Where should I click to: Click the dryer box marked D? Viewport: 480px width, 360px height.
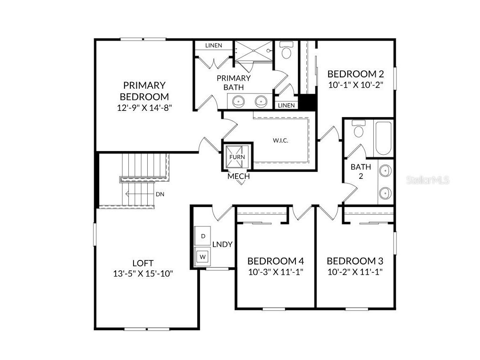(203, 235)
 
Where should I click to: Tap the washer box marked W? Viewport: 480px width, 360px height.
(203, 257)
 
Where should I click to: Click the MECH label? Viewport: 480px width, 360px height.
(238, 176)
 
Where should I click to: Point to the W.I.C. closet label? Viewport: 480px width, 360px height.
(280, 141)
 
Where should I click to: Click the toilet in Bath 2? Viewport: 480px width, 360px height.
(359, 131)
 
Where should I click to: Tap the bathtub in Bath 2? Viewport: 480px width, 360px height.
(383, 138)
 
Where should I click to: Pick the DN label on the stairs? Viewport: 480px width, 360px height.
(160, 194)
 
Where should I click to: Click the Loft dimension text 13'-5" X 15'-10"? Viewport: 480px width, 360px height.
(143, 274)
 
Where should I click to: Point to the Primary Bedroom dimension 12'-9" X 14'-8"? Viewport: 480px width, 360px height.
(144, 107)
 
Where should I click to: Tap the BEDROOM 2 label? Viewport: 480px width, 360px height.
(355, 74)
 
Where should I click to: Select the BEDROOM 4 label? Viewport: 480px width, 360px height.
(275, 261)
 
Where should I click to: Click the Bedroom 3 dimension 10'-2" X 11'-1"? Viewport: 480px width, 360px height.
(354, 272)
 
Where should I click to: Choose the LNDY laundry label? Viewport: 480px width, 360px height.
(222, 244)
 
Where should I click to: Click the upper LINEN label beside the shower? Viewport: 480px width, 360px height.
(214, 45)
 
